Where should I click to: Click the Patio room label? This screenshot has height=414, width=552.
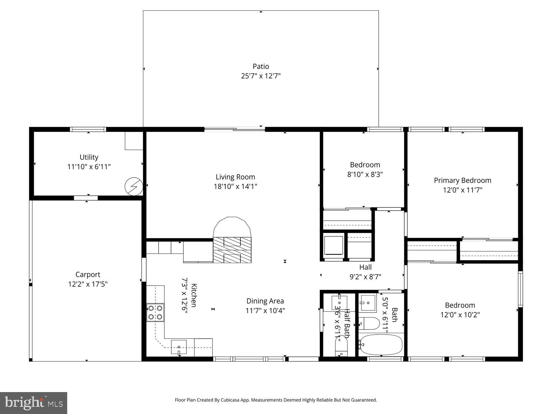(261, 66)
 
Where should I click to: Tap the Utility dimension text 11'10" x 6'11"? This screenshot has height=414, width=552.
(89, 167)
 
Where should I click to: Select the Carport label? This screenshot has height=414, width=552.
(88, 275)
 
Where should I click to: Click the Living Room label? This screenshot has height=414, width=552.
(235, 177)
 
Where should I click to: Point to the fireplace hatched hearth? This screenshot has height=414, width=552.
(232, 250)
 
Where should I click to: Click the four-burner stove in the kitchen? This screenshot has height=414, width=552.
(155, 312)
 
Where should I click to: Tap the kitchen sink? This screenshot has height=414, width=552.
(179, 347)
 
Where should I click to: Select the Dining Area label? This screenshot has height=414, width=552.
(265, 301)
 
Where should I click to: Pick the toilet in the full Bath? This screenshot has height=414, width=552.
(369, 323)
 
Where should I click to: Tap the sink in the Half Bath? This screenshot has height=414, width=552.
(339, 303)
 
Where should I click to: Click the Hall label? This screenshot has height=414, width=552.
(365, 267)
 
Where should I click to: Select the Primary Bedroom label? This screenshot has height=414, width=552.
(462, 180)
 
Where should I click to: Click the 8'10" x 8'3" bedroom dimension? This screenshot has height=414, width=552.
(365, 174)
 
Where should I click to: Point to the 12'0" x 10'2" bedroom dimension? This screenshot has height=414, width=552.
(460, 315)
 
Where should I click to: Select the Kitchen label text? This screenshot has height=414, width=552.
(194, 295)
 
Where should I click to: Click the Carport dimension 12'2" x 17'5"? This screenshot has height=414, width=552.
(88, 284)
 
